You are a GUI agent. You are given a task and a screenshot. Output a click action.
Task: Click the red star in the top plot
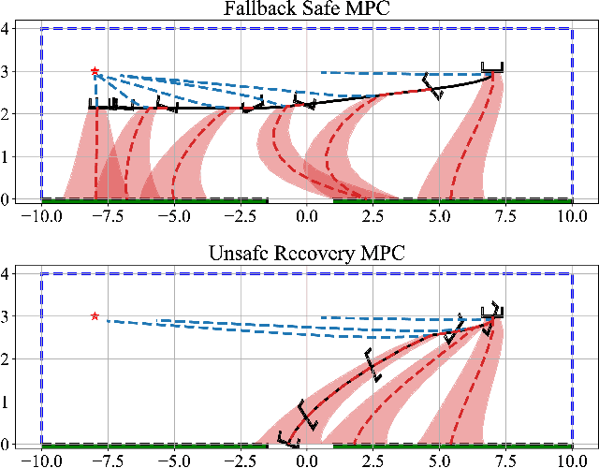point(95,71)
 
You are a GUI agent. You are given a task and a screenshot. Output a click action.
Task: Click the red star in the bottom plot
point(95,316)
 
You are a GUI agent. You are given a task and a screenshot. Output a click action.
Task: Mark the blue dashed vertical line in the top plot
point(572,112)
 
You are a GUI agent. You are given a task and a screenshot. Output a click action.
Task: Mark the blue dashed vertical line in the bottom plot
point(572,358)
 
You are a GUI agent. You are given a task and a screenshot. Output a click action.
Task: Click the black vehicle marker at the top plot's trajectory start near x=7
point(491,68)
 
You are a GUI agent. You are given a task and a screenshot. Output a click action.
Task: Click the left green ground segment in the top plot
point(154,199)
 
